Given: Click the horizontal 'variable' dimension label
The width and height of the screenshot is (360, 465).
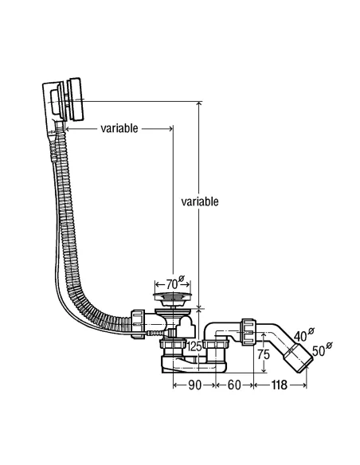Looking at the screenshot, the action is (119, 128).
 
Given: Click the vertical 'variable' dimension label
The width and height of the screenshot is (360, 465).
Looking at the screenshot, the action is (200, 201).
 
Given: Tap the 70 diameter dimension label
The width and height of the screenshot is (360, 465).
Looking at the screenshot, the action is (175, 283).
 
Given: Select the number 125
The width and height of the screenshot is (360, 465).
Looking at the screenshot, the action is (194, 346).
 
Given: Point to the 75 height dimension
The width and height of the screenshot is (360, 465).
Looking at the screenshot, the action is (263, 354).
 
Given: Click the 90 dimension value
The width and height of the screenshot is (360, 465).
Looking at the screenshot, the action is (194, 385).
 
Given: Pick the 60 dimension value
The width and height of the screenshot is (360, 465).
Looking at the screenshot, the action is (234, 385).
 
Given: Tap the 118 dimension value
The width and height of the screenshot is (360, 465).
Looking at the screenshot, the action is (280, 385).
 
